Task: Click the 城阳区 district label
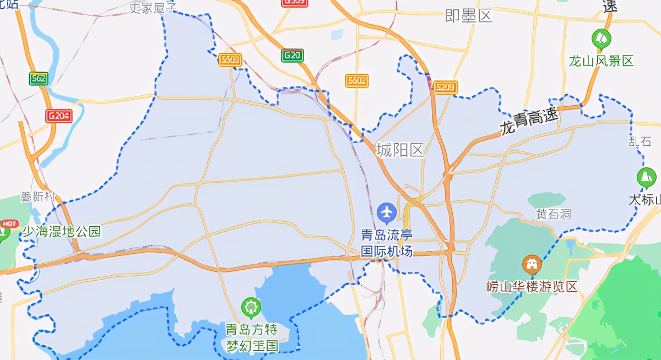[x=400, y=150]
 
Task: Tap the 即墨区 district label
[x=468, y=16]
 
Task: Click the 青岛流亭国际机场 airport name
[x=386, y=243]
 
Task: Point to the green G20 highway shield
[x=292, y=56]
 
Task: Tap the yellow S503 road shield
[x=230, y=60]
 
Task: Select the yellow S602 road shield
[x=356, y=81]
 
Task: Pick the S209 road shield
[x=445, y=87]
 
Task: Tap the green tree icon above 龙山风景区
[x=601, y=39]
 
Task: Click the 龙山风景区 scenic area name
[x=602, y=61]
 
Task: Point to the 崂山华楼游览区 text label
[x=532, y=286]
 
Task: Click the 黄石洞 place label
[x=554, y=214]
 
